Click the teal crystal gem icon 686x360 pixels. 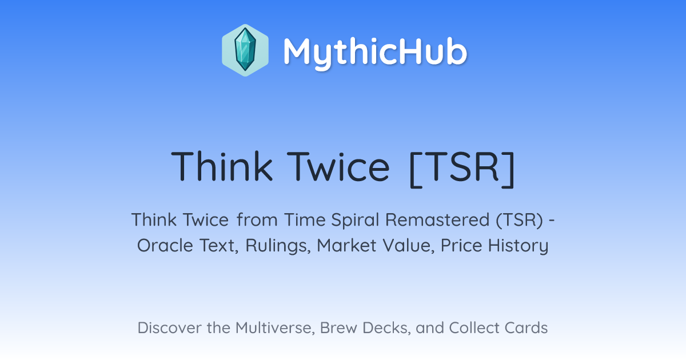pyautogui.click(x=245, y=50)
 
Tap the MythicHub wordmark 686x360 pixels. pyautogui.click(x=375, y=52)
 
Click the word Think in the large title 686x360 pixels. pyautogui.click(x=221, y=167)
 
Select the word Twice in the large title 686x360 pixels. pyautogui.click(x=338, y=167)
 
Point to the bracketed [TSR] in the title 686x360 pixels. pyautogui.click(x=462, y=169)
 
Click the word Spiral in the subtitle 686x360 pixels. pyautogui.click(x=355, y=221)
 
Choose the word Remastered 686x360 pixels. pyautogui.click(x=437, y=220)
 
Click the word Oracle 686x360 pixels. pyautogui.click(x=165, y=246)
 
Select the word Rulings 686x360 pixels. pyautogui.click(x=278, y=246)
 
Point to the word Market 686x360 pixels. pyautogui.click(x=346, y=246)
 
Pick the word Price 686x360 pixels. pyautogui.click(x=461, y=246)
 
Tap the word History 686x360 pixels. pyautogui.click(x=518, y=246)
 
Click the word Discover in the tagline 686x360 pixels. pyautogui.click(x=170, y=328)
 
